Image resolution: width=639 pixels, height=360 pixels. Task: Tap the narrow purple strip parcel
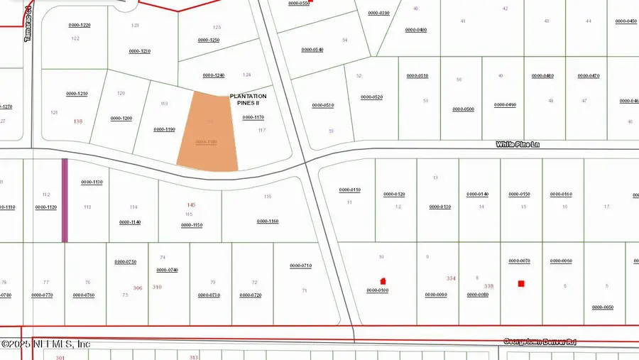point(65,200)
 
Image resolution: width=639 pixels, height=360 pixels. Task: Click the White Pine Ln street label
point(518,144)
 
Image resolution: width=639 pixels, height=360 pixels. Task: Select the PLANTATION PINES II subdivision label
point(248,99)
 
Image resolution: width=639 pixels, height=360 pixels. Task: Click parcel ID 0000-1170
point(253,117)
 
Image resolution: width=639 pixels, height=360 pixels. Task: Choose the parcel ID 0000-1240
point(214,75)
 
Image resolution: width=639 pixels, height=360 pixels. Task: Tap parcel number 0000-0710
point(301,266)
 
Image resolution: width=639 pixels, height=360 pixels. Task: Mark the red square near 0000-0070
point(521,284)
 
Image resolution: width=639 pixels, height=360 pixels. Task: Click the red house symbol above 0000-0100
point(383,281)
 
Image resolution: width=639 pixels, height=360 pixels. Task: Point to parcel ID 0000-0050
point(603,307)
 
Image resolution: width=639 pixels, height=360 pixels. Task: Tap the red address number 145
point(191,205)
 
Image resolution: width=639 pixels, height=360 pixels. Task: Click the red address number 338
point(488,286)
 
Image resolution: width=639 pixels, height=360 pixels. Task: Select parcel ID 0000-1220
point(80,25)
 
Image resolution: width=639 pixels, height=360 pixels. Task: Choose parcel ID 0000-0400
point(415,30)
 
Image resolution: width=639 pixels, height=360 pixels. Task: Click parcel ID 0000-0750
point(126,262)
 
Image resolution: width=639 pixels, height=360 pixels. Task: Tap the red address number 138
point(78,121)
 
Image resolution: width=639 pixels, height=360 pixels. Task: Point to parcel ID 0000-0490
point(505,104)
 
